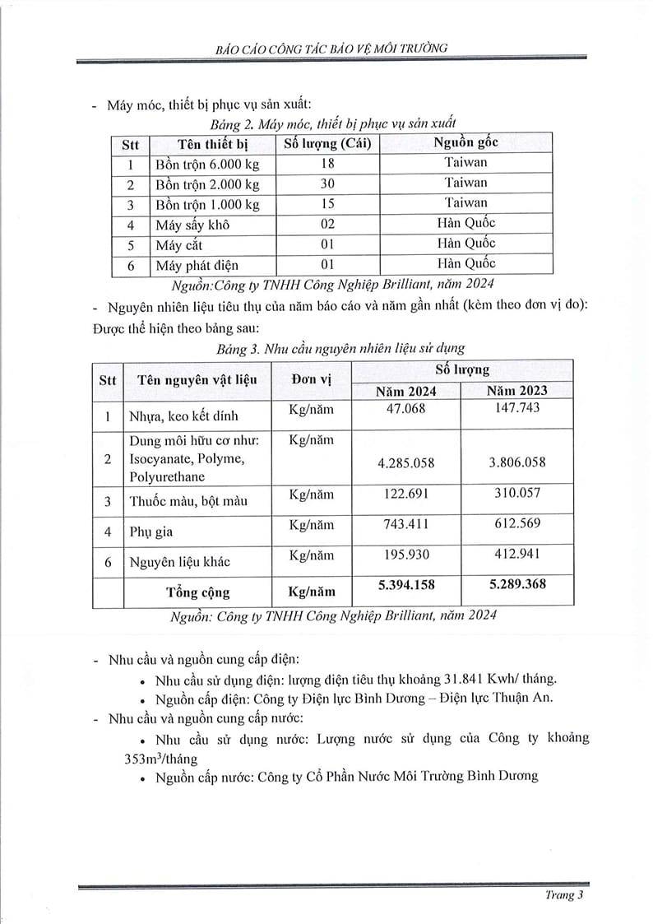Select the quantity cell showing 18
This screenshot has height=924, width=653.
pyautogui.click(x=327, y=163)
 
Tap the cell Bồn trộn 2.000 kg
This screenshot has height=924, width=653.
pyautogui.click(x=206, y=183)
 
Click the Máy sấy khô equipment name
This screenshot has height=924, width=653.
pyautogui.click(x=192, y=224)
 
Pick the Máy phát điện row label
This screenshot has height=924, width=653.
pyautogui.click(x=197, y=265)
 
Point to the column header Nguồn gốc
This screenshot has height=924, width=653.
pyautogui.click(x=465, y=142)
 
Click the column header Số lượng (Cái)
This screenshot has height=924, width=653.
pyautogui.click(x=327, y=143)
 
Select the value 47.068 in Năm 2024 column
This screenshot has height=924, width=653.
pyautogui.click(x=405, y=407)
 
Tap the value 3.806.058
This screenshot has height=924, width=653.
pyautogui.click(x=516, y=462)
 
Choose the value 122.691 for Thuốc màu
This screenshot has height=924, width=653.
pyautogui.click(x=405, y=496)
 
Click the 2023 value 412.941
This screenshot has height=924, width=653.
pyautogui.click(x=516, y=554)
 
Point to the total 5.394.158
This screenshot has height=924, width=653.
pyautogui.click(x=405, y=585)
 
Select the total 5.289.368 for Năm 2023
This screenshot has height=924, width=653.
pyautogui.click(x=516, y=585)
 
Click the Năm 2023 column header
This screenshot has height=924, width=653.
pyautogui.click(x=516, y=391)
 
